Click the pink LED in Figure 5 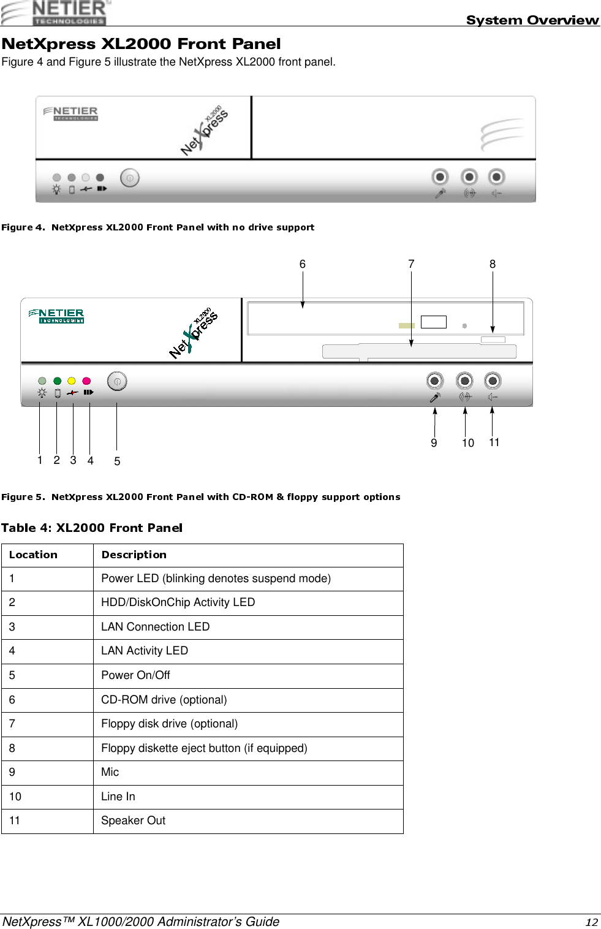86,381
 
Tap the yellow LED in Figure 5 72,381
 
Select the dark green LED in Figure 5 58,381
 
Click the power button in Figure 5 117,381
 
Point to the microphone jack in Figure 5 434,381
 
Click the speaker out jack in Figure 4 496,177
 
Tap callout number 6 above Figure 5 303,264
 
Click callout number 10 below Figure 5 468,443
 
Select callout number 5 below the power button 117,461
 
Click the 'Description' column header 134,555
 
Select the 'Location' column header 34,555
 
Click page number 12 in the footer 591,922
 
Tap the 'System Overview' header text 532,20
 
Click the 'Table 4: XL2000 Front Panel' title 92,528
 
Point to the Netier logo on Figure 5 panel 57,316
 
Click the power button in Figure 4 130,178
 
